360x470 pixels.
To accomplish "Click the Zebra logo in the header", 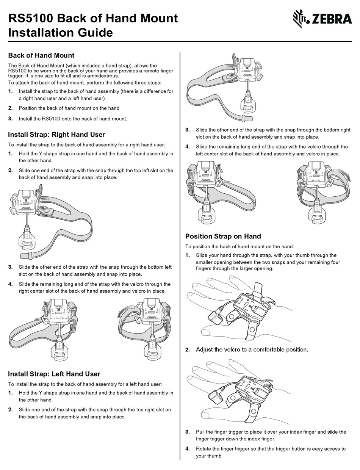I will [322, 19].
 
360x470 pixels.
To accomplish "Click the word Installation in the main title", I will [42, 33].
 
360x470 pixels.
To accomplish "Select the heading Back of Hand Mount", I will [41, 55].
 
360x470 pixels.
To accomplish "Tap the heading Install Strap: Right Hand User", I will [56, 134].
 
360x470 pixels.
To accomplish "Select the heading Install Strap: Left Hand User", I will [54, 374].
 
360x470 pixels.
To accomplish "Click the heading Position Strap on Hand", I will [223, 236].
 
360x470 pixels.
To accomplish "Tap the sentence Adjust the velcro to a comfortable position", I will [252, 349].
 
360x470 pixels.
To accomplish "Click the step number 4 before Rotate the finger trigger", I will [187, 449].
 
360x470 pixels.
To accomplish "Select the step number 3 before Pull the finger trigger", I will [187, 432].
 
